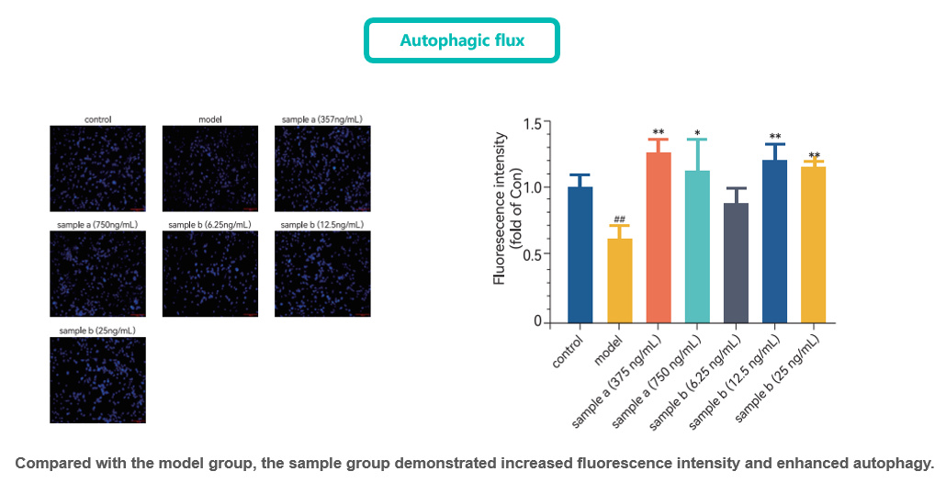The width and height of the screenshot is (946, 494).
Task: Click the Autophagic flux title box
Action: [462, 40]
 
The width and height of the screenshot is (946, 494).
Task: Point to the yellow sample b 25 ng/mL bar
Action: [814, 244]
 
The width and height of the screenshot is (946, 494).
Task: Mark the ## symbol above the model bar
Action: [619, 219]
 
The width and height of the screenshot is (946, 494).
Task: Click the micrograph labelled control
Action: [97, 168]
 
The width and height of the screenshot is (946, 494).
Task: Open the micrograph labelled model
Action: [209, 168]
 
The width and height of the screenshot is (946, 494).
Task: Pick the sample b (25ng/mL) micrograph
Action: [97, 379]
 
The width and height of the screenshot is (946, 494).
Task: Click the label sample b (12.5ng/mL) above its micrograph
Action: [321, 224]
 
